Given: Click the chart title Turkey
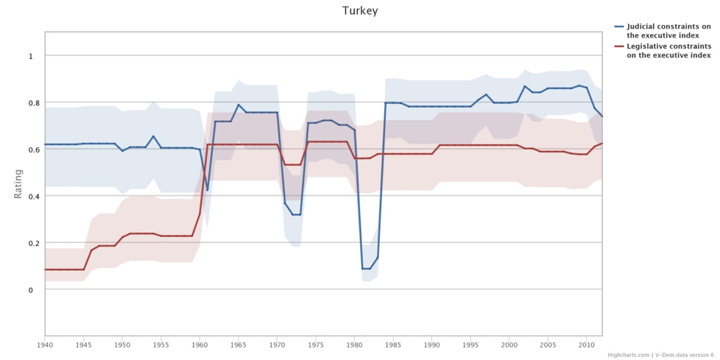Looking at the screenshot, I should pyautogui.click(x=360, y=11).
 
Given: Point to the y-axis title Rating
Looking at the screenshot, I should pyautogui.click(x=18, y=183).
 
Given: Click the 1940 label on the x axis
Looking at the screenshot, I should pyautogui.click(x=45, y=344).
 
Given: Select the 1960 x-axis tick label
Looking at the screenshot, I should pyautogui.click(x=200, y=344).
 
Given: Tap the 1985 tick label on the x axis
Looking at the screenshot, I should pyautogui.click(x=393, y=344).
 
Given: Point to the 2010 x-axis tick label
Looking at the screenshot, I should pyautogui.click(x=587, y=344).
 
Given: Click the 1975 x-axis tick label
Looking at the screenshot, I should pyautogui.click(x=316, y=344).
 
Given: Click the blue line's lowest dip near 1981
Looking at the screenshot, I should pyautogui.click(x=366, y=269).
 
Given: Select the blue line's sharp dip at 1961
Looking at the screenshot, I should pyautogui.click(x=208, y=190).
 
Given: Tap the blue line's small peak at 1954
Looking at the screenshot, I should pyautogui.click(x=153, y=136).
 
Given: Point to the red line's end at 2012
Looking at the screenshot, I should pyautogui.click(x=602, y=144).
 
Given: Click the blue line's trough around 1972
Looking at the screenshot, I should pyautogui.click(x=296, y=214).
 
